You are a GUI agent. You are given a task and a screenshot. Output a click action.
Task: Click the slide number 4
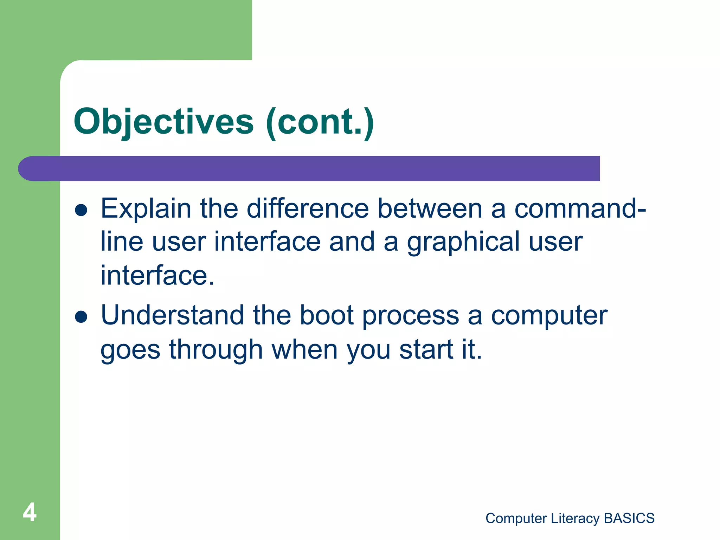click(30, 513)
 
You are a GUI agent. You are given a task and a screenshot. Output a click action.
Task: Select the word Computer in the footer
click(516, 519)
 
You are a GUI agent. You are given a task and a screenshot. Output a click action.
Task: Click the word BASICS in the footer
click(629, 519)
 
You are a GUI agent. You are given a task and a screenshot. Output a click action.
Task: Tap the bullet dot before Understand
click(81, 316)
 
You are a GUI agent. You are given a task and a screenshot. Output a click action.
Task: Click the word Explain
click(146, 209)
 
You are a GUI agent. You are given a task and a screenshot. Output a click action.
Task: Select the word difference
click(308, 209)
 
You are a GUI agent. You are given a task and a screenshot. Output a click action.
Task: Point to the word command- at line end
click(580, 209)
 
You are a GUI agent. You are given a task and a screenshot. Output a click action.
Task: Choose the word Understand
click(172, 315)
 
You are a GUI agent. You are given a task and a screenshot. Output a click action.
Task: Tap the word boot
click(326, 315)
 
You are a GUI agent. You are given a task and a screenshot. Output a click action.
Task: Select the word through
click(216, 350)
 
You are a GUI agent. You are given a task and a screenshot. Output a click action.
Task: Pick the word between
click(430, 209)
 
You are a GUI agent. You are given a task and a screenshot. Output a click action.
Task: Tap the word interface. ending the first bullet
click(157, 276)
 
